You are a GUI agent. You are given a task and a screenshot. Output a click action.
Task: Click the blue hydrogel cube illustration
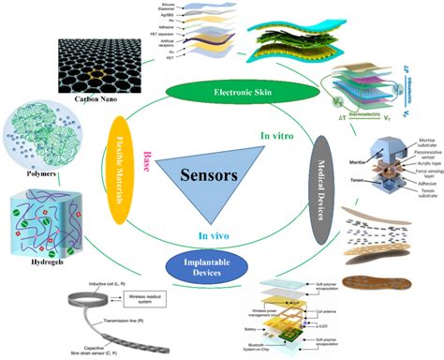[x=52, y=224]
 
